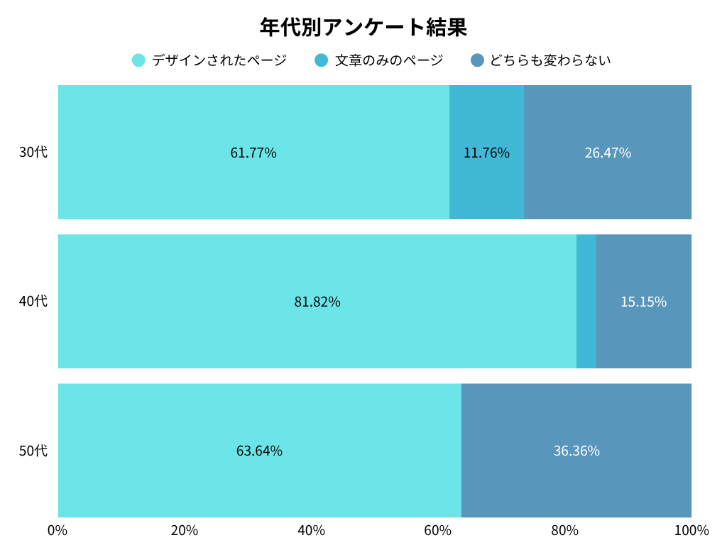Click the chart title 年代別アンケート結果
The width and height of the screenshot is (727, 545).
tap(363, 28)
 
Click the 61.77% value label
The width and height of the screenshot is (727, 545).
tap(253, 153)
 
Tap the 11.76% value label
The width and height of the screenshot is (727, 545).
tap(486, 153)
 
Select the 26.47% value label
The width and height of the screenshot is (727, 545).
tap(608, 153)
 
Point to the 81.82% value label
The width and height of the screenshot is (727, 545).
tap(317, 302)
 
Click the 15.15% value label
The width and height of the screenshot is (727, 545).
tap(643, 302)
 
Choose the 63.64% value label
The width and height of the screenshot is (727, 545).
tap(259, 451)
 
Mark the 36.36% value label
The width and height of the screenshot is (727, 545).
tap(576, 451)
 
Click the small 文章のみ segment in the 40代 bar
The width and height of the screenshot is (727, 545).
tap(586, 302)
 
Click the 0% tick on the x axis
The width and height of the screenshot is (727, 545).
tap(58, 531)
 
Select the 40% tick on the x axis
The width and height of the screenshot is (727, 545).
tap(311, 531)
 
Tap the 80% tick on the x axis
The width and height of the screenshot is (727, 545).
tap(565, 531)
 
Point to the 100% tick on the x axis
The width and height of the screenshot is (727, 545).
tap(692, 531)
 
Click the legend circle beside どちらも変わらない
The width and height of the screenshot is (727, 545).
tap(477, 60)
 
